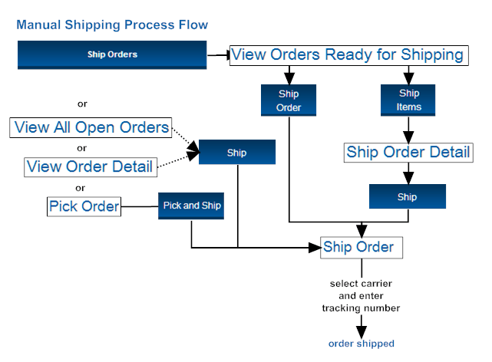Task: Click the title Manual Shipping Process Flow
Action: [x=112, y=25]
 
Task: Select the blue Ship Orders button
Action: [x=112, y=55]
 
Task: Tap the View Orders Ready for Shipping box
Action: [x=348, y=55]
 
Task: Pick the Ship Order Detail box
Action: [x=408, y=152]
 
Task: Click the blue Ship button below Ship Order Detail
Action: [x=408, y=196]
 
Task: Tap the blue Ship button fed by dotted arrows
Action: [x=236, y=153]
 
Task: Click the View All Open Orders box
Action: [x=91, y=127]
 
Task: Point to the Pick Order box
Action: [x=84, y=206]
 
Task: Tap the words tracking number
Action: [x=360, y=308]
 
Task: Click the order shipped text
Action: [x=361, y=343]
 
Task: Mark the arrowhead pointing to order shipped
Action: [x=361, y=327]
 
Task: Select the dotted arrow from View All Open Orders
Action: [x=185, y=137]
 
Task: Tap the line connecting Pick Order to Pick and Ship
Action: [x=140, y=206]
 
